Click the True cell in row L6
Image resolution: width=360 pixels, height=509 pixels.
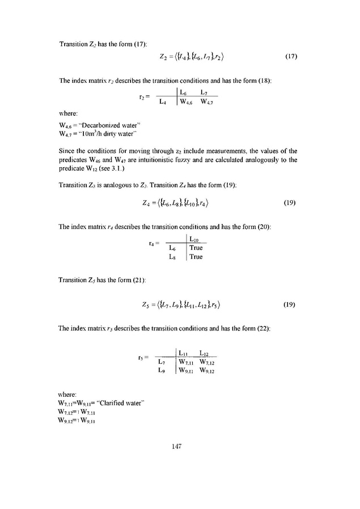[x=196, y=248]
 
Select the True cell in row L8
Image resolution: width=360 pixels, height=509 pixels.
[x=196, y=257]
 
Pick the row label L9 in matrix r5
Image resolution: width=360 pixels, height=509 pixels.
[x=162, y=371]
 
